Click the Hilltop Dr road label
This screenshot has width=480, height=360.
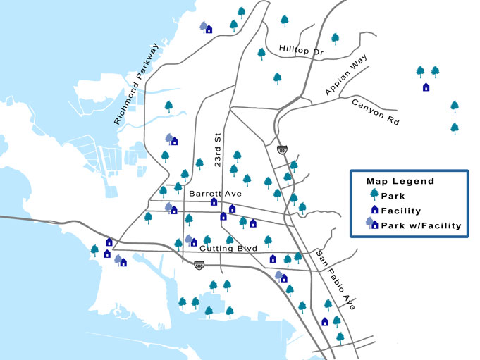tap(300, 49)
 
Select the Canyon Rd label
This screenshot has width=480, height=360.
tap(375, 112)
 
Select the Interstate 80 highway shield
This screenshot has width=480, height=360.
tap(282, 149)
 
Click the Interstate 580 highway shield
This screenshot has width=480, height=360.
tap(199, 265)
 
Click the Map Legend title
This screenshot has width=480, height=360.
tap(400, 182)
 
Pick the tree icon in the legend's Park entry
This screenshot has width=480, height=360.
tap(374, 196)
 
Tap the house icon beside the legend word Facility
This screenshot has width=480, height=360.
tap(374, 211)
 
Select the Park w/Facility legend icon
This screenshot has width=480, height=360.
tap(371, 225)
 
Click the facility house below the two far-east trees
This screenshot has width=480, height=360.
tap(426, 87)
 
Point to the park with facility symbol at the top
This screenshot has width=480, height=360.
tap(207, 27)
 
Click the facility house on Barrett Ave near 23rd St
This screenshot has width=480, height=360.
tap(214, 201)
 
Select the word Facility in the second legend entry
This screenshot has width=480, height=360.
tap(400, 211)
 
